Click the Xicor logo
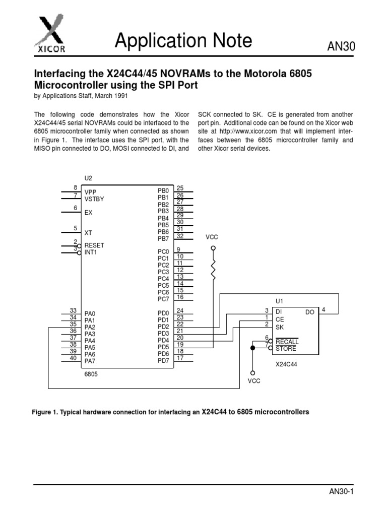(x=49, y=35)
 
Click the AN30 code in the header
(x=342, y=47)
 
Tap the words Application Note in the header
(x=183, y=41)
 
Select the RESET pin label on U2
(x=94, y=245)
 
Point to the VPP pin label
(x=90, y=192)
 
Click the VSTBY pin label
(x=94, y=199)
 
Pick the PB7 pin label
(x=163, y=238)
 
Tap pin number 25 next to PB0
(x=180, y=188)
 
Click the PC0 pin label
(x=163, y=251)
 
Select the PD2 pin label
(x=163, y=327)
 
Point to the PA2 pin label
(x=90, y=327)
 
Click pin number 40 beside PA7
(x=73, y=358)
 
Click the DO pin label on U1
(x=309, y=312)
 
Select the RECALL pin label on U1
(x=287, y=342)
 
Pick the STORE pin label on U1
(x=286, y=348)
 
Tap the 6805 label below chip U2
(x=91, y=374)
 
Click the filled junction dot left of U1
(x=252, y=348)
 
